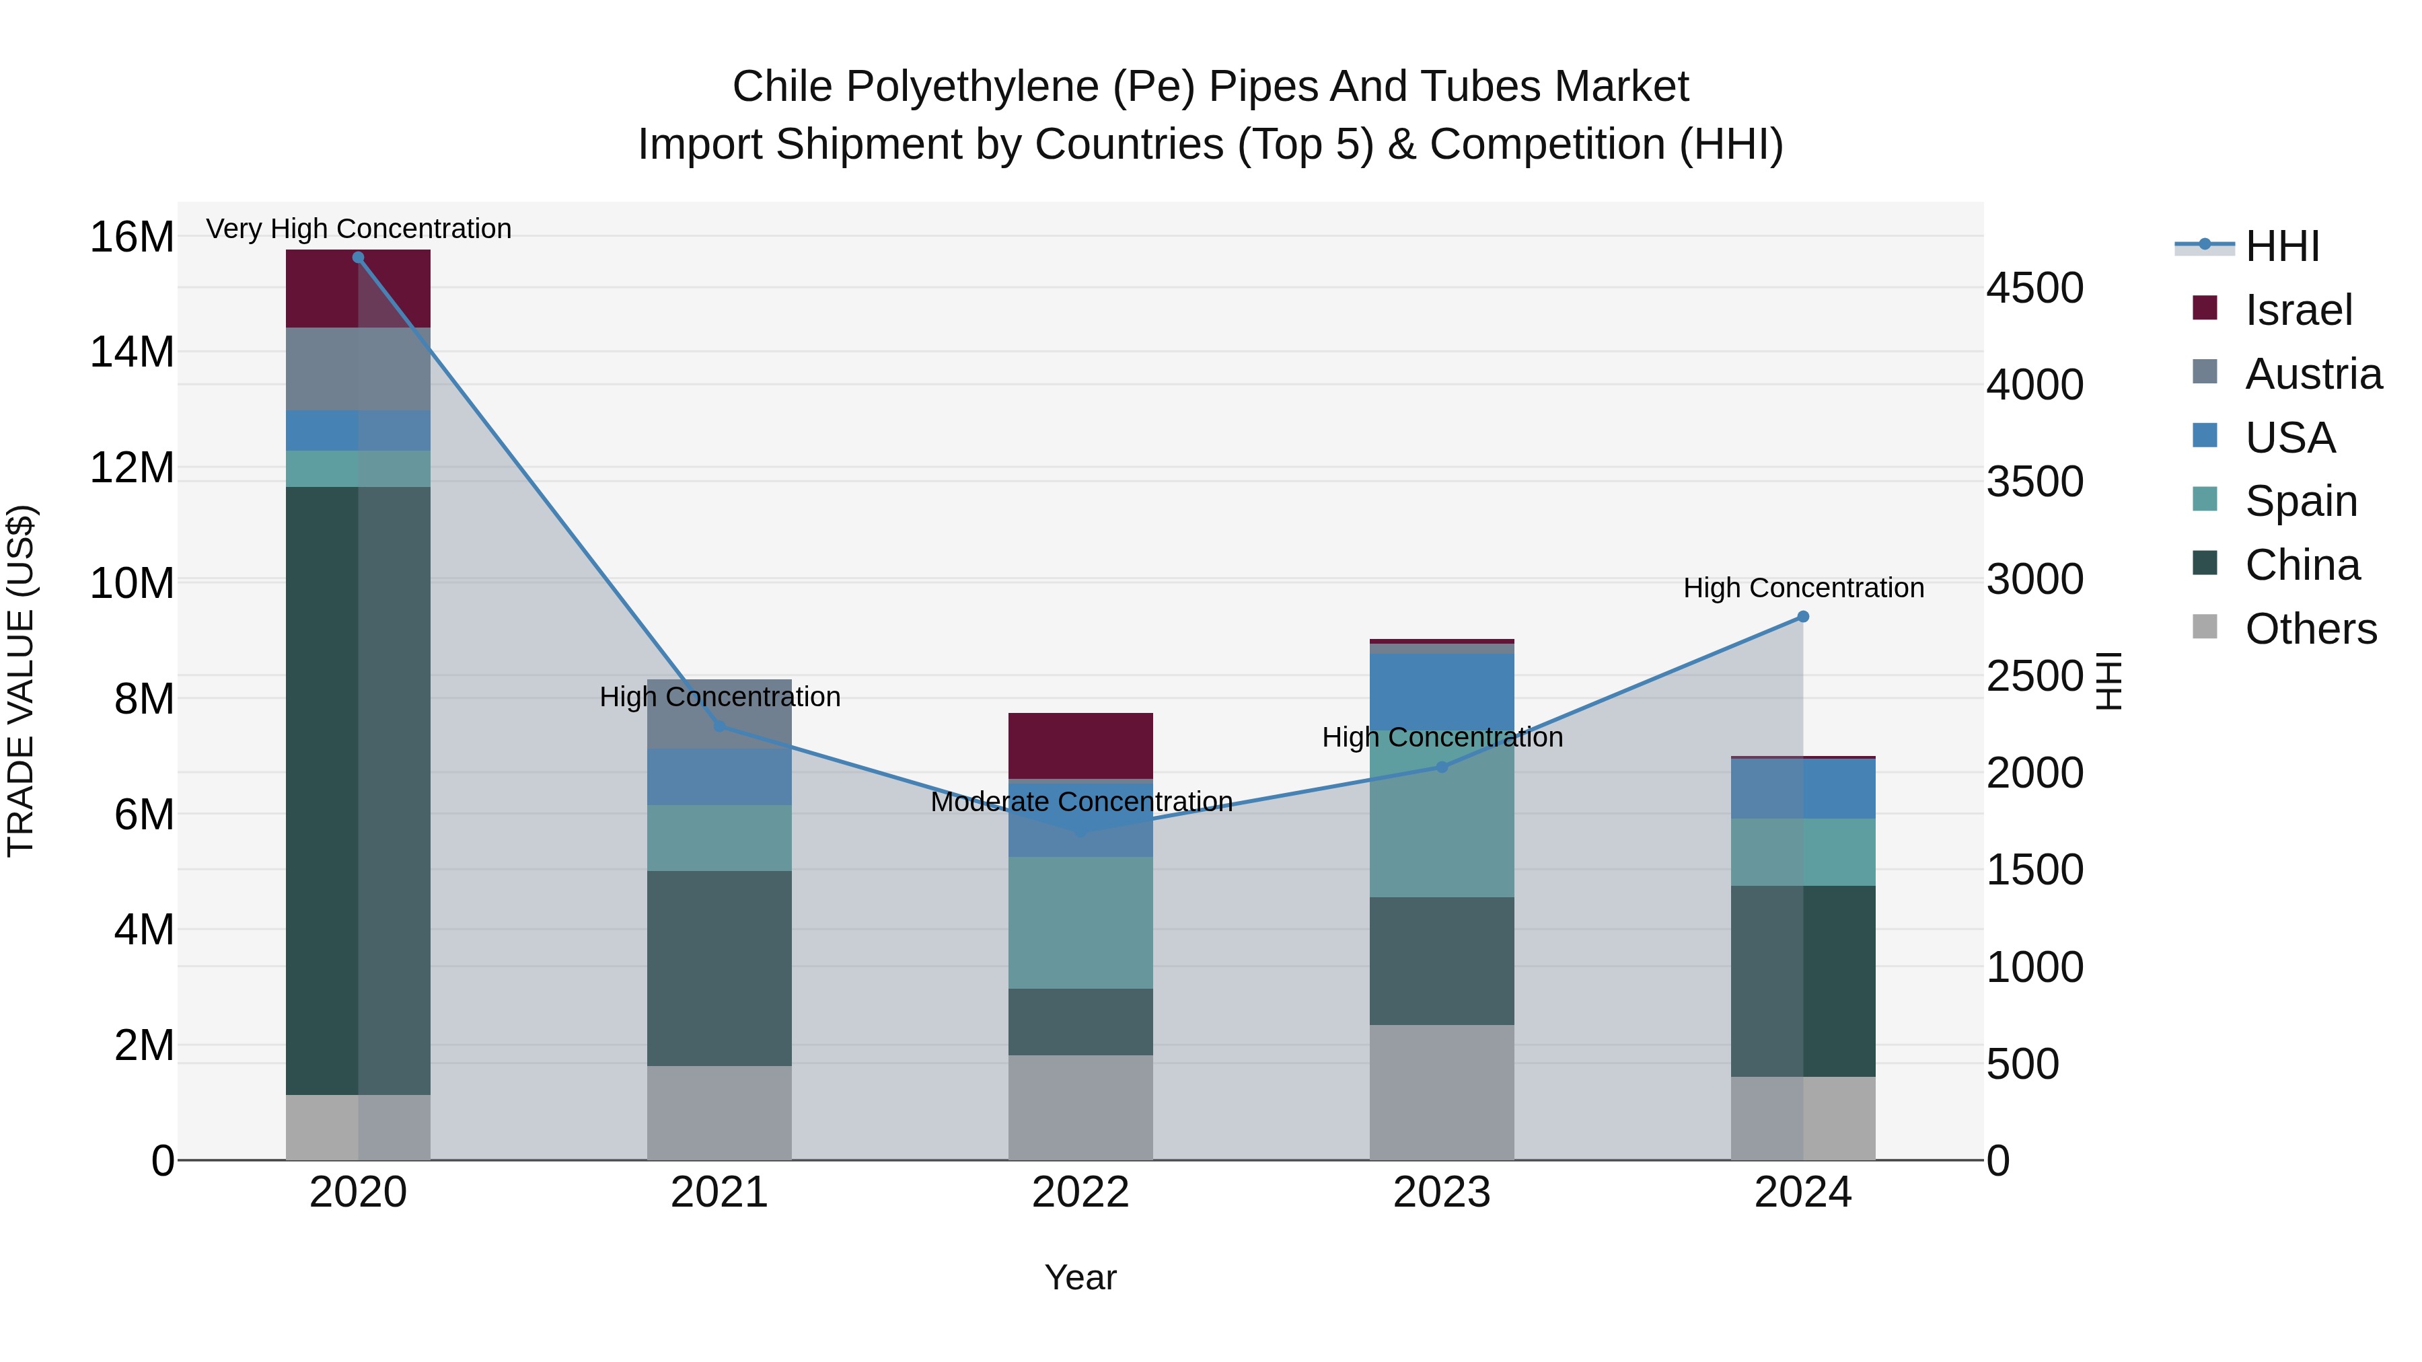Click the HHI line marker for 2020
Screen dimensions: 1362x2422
[357, 258]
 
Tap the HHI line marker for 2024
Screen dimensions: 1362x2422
[1802, 617]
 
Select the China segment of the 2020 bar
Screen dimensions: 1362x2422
[357, 790]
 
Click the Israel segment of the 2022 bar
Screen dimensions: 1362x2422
[1080, 745]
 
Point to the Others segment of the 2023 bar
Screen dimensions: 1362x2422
[1441, 1092]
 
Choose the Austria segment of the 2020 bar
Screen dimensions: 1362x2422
[357, 369]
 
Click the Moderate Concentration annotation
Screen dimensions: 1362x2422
[1080, 802]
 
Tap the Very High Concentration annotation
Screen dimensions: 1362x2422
[358, 229]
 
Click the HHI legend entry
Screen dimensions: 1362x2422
[2282, 246]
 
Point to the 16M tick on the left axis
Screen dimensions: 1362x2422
[132, 237]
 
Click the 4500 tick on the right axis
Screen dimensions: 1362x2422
[2034, 288]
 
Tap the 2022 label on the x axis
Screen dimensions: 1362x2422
[1080, 1193]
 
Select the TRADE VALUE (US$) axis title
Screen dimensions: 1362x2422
[22, 681]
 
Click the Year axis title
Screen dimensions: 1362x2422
[1080, 1277]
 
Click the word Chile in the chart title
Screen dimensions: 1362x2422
[782, 87]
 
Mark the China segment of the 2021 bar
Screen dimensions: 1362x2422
[719, 967]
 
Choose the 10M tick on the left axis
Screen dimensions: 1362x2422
[132, 584]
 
